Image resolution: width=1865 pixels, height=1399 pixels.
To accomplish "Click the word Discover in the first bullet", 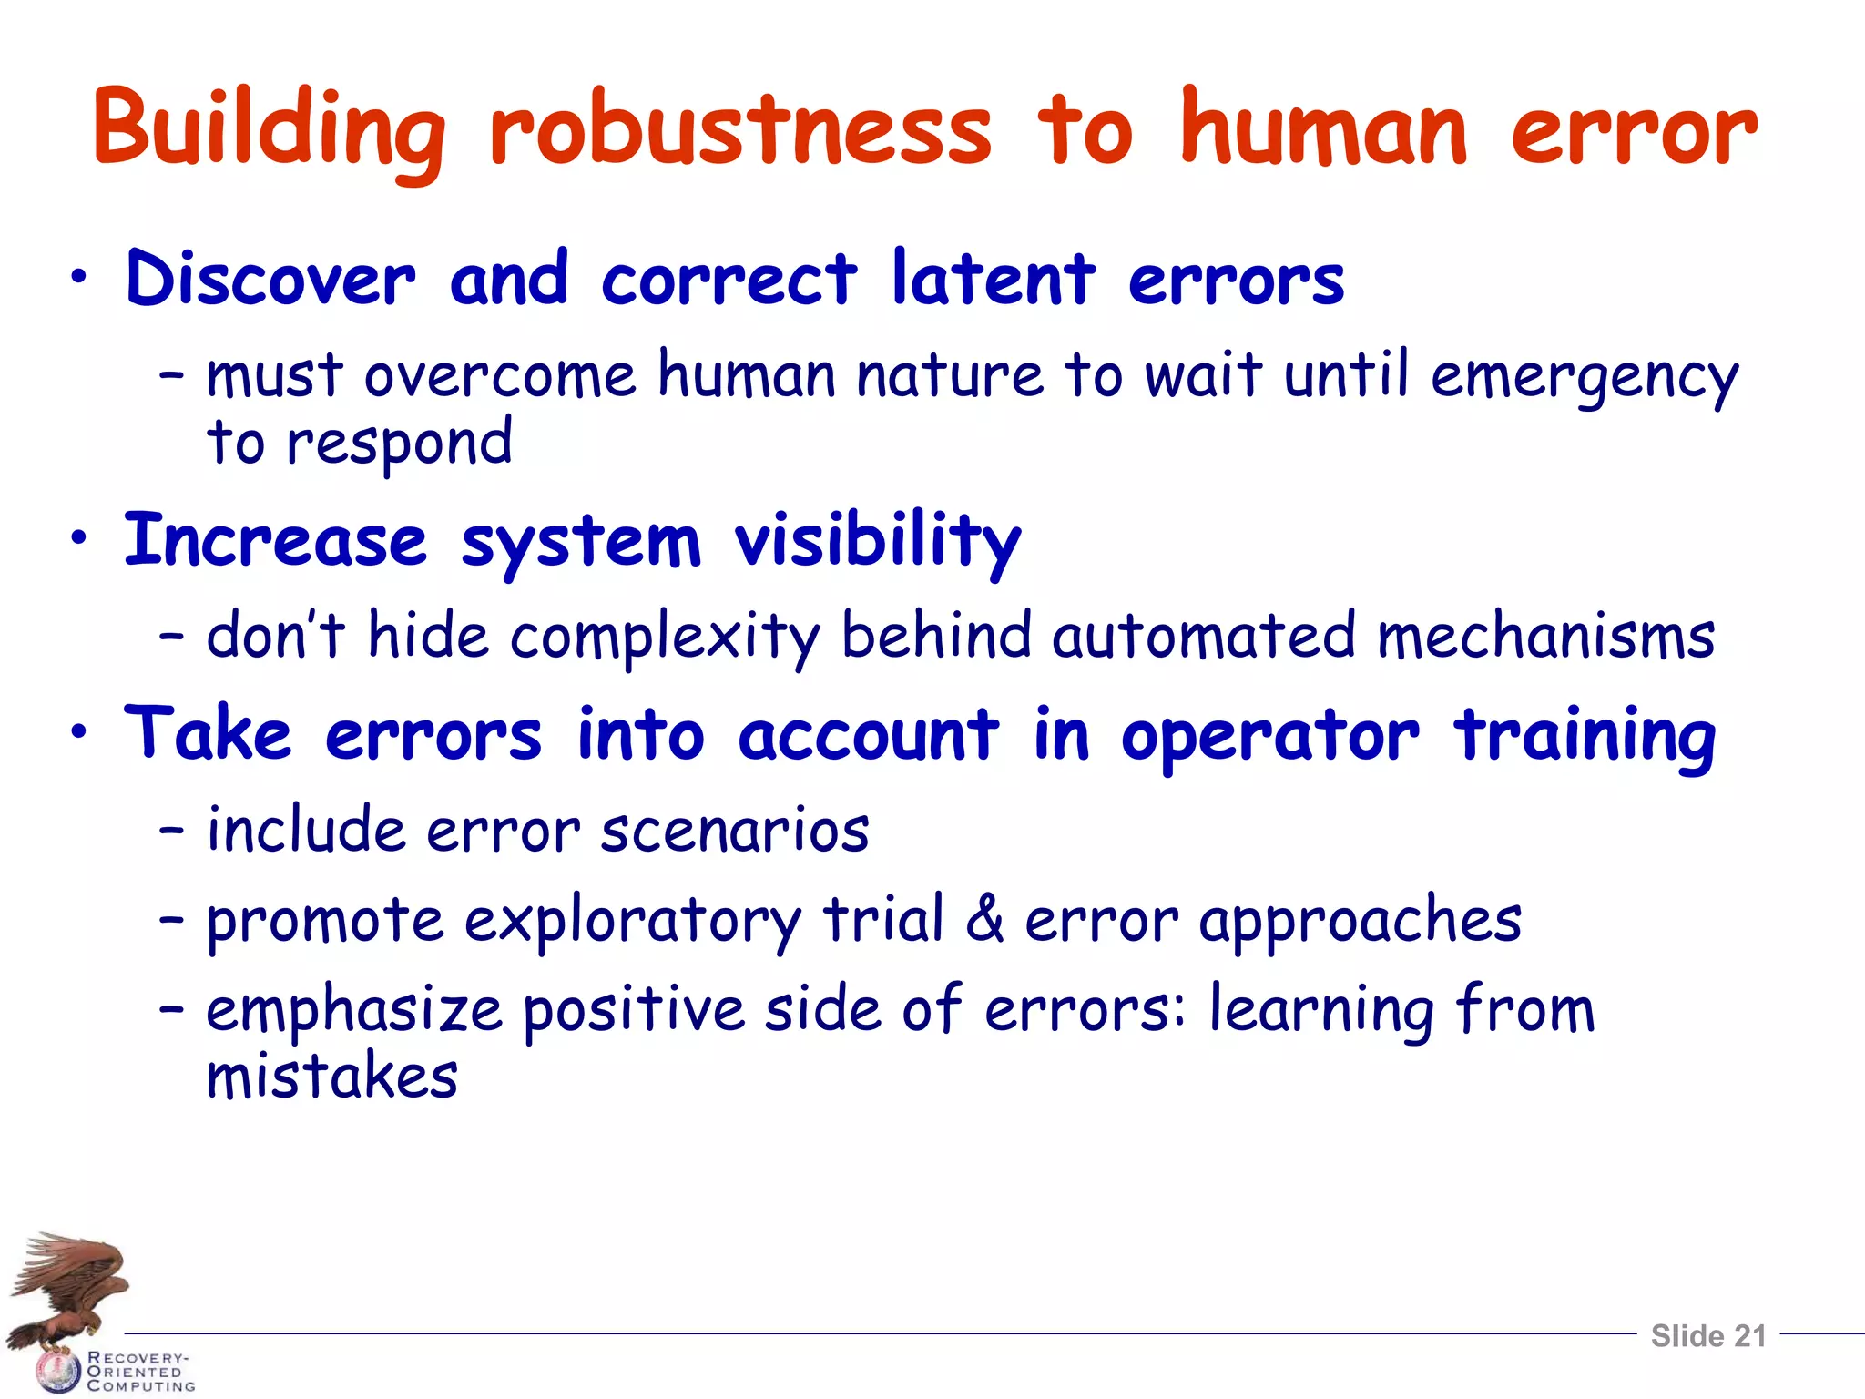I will point(270,279).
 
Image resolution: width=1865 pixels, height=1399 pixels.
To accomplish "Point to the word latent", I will point(994,279).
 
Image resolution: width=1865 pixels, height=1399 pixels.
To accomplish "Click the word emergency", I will point(1584,377).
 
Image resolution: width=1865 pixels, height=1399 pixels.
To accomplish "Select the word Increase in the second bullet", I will point(275,541).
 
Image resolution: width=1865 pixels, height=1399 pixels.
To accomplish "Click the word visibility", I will point(878,541).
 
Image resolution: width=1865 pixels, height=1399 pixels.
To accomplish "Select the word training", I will point(1585,736).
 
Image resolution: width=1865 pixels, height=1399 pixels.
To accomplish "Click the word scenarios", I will point(735,831).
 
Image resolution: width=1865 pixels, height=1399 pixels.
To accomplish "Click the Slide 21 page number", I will point(1708,1335).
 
